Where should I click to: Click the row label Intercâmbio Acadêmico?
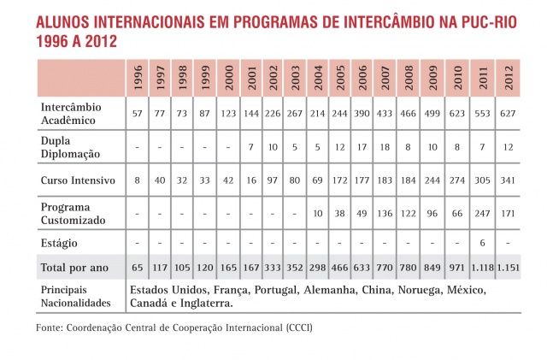click(x=70, y=114)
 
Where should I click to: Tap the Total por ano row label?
click(x=75, y=268)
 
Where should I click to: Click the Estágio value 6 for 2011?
click(x=485, y=243)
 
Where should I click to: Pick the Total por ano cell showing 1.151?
click(x=510, y=269)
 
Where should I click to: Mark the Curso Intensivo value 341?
click(x=510, y=182)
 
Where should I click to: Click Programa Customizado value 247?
click(x=485, y=213)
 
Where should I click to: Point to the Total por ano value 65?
click(x=138, y=269)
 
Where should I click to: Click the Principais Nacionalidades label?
click(x=75, y=296)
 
